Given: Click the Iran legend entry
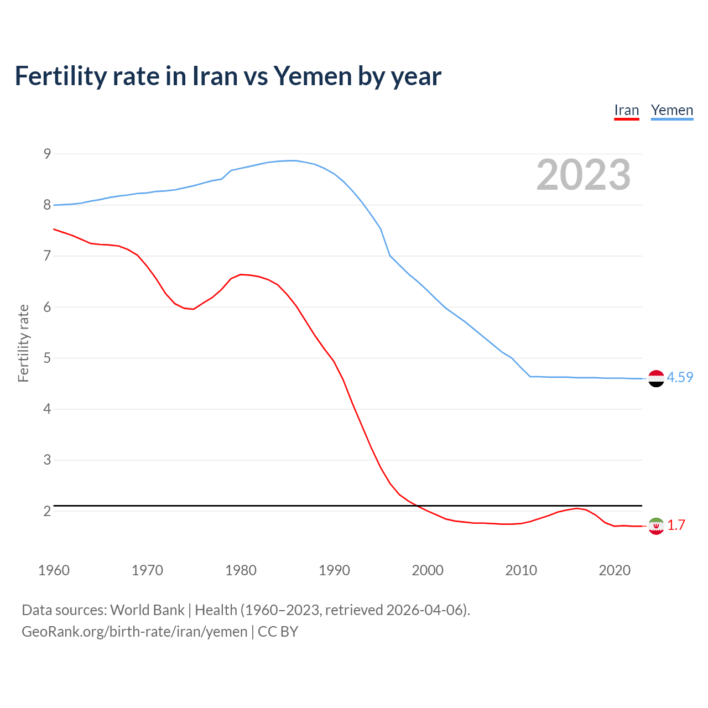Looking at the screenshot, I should pyautogui.click(x=626, y=111).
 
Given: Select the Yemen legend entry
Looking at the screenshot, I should pyautogui.click(x=671, y=111).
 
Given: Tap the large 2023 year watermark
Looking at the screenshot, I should pyautogui.click(x=583, y=175).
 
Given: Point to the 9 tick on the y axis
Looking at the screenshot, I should pyautogui.click(x=47, y=154).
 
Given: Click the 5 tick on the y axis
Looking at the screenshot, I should pyautogui.click(x=47, y=358).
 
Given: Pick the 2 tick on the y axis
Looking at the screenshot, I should pyautogui.click(x=47, y=511).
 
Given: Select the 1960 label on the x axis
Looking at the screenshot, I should pyautogui.click(x=54, y=570).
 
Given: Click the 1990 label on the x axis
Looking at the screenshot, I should pyautogui.click(x=334, y=570).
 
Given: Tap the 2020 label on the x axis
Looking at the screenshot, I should pyautogui.click(x=615, y=570).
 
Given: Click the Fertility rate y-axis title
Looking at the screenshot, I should pyautogui.click(x=23, y=343).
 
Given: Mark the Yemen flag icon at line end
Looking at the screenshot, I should pyautogui.click(x=656, y=378).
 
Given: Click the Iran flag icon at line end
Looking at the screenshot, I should pyautogui.click(x=656, y=526).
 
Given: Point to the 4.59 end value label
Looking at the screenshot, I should pyautogui.click(x=680, y=377).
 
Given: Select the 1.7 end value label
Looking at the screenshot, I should pyautogui.click(x=676, y=525).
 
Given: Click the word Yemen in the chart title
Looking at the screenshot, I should pyautogui.click(x=313, y=76).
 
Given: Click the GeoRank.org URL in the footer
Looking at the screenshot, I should pyautogui.click(x=134, y=632).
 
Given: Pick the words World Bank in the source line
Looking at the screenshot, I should pyautogui.click(x=147, y=610).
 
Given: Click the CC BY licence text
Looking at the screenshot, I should pyautogui.click(x=278, y=632).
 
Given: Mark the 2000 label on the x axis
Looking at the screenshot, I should pyautogui.click(x=428, y=570).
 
